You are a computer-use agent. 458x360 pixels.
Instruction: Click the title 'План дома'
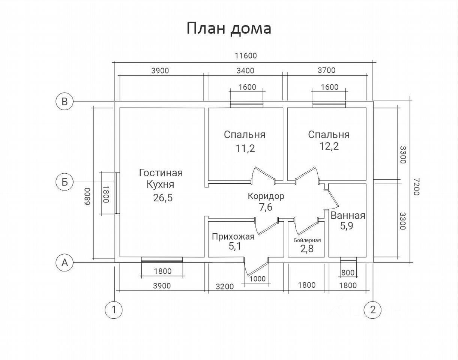[229, 28]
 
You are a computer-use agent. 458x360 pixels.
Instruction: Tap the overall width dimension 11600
[246, 56]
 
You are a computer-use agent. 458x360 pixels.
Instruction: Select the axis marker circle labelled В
[65, 101]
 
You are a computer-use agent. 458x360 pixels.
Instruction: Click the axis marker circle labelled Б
[65, 182]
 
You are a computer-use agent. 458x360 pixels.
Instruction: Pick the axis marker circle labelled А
[65, 262]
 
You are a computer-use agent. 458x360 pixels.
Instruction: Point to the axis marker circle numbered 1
[114, 310]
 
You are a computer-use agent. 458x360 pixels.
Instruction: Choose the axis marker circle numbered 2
[372, 310]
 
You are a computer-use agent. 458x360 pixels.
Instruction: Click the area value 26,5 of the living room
[163, 198]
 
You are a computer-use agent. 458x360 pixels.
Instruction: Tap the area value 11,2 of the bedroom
[245, 148]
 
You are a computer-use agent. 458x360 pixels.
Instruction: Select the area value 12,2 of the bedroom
[329, 146]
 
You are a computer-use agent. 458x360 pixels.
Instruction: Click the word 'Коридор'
[266, 196]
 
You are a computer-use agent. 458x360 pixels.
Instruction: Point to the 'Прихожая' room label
[233, 237]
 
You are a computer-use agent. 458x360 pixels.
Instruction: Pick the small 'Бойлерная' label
[307, 240]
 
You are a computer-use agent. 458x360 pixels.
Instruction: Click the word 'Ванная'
[348, 216]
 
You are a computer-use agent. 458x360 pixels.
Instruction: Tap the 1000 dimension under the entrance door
[258, 279]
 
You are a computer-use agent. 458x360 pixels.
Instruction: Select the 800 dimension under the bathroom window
[348, 273]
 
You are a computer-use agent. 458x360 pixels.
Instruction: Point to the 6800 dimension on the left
[87, 196]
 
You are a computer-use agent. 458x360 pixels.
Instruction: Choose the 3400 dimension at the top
[245, 70]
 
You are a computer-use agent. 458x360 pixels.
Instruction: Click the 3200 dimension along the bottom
[225, 286]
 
